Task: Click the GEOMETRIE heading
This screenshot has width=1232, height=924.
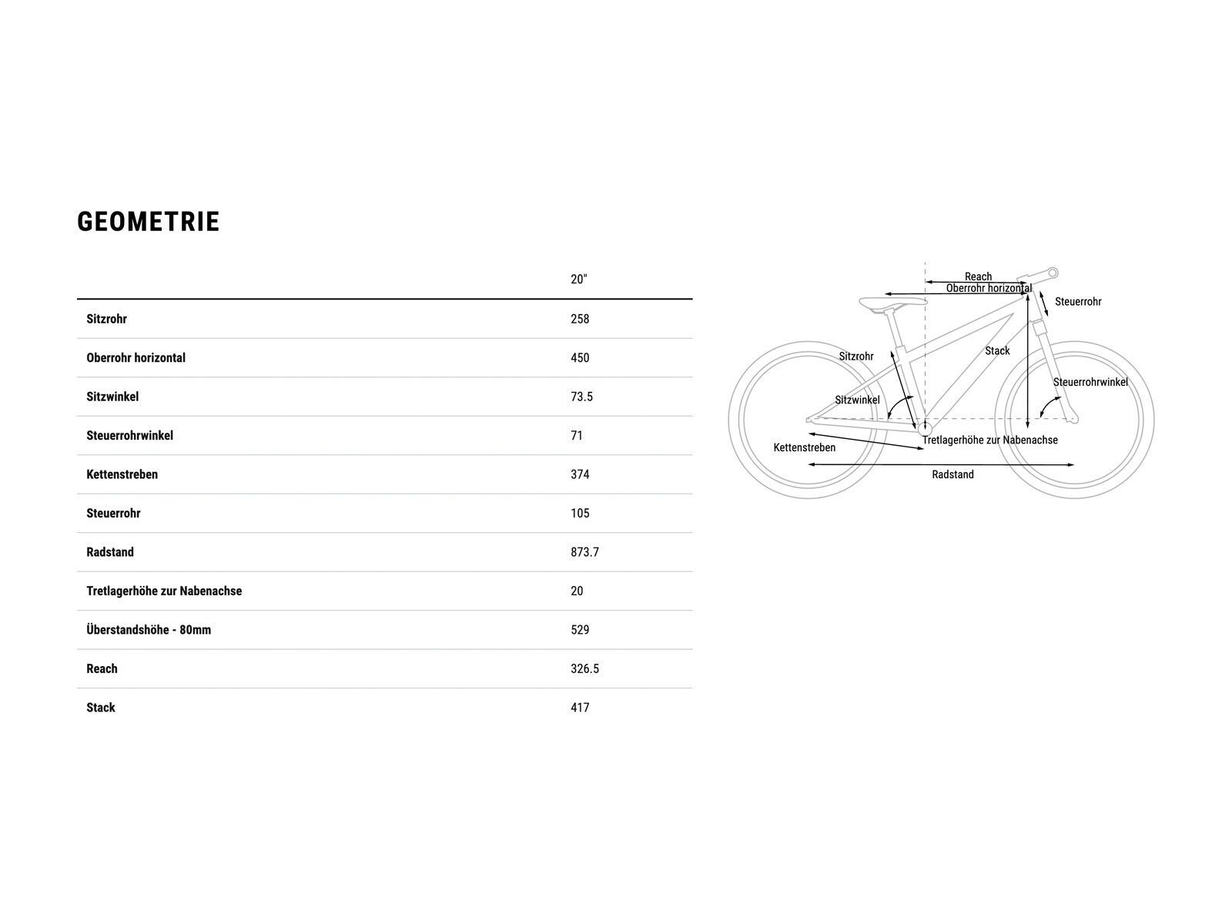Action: (149, 222)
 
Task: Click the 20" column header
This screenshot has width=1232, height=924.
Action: (578, 280)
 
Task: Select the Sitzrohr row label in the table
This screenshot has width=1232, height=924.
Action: (106, 319)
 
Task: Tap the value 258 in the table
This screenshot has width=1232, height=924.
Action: (580, 319)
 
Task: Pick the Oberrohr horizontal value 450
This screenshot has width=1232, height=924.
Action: (580, 358)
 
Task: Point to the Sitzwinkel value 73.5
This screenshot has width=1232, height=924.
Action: (581, 397)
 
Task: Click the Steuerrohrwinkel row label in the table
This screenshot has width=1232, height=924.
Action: (129, 436)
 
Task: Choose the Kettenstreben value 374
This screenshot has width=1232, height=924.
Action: (580, 474)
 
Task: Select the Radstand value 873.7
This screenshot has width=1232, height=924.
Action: (584, 552)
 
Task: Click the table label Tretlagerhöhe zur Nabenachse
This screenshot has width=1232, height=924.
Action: (164, 591)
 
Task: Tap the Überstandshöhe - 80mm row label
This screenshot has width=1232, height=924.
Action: (149, 630)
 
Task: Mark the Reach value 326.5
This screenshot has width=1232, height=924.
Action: (584, 669)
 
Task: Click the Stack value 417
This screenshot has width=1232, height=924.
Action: (580, 708)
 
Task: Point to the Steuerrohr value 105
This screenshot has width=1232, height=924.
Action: (580, 514)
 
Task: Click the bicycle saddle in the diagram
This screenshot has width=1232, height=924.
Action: (892, 303)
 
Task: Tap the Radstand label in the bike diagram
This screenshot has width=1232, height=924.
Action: (952, 475)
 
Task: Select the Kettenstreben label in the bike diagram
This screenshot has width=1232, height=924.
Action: (804, 447)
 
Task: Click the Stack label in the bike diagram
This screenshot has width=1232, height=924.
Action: (997, 351)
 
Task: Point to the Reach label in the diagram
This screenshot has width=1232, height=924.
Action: (978, 276)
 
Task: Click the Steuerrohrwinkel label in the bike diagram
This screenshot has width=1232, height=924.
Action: (1090, 383)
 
